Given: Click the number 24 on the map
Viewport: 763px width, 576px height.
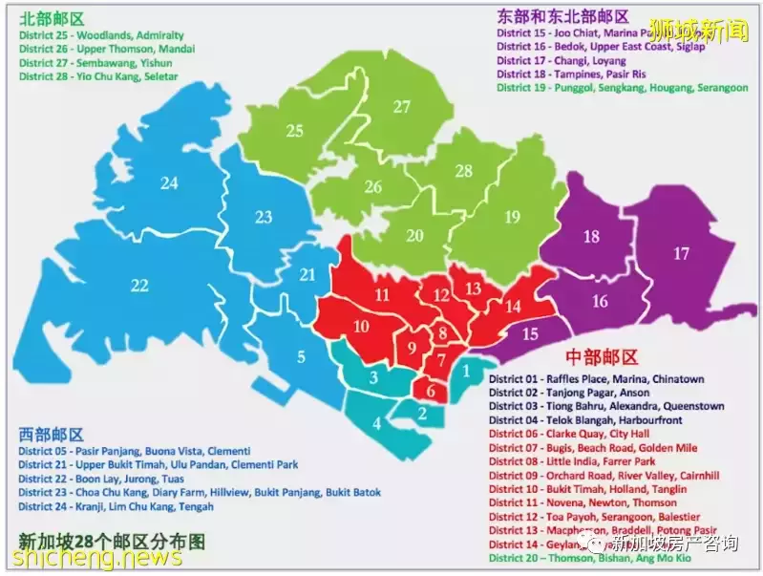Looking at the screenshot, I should point(169,182).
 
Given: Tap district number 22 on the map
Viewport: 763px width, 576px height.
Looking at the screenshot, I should point(140,285).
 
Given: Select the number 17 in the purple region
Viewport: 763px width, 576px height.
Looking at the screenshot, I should point(681,254).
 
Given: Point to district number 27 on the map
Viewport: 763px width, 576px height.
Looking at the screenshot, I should point(402,107).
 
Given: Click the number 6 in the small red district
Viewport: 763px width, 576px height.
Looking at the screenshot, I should point(431,390).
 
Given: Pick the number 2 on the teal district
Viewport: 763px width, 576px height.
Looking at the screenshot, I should point(422,413).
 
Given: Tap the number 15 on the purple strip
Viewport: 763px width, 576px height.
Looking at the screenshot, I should point(530,334).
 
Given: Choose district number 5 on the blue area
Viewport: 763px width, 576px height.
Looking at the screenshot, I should point(301,357).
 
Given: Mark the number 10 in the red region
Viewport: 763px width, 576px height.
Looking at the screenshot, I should point(362,327).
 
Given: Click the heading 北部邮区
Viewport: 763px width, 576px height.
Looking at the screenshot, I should point(51,17).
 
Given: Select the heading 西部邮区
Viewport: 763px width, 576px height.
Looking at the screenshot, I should point(51,434).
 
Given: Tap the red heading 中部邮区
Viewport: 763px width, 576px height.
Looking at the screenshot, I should point(603,358).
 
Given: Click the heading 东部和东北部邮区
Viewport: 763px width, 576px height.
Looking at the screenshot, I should point(562,16).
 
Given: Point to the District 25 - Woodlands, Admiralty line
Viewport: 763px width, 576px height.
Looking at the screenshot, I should point(100,35).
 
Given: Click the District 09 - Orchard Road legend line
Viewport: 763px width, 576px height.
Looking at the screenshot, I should point(604,475).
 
